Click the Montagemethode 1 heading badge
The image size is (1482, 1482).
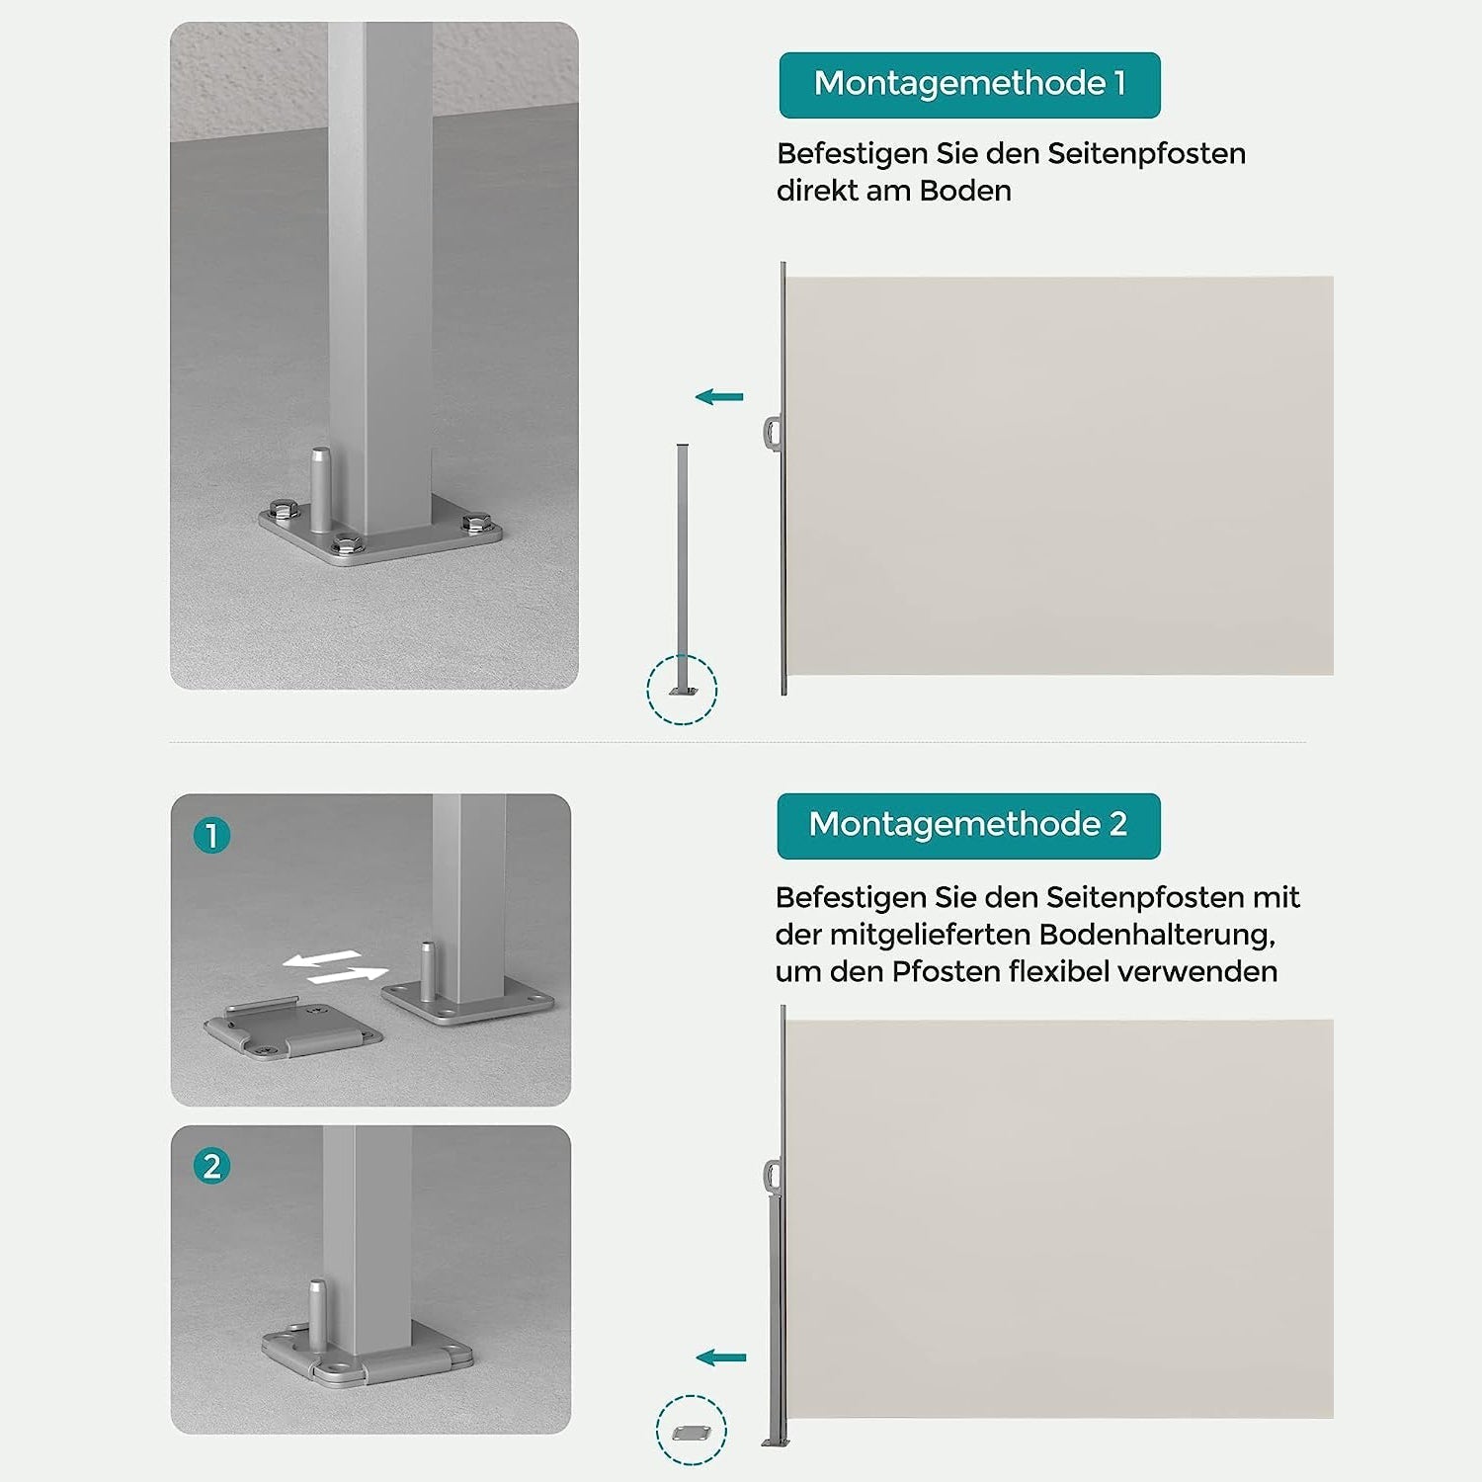click(x=969, y=85)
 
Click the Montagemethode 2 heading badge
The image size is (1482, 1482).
click(x=968, y=826)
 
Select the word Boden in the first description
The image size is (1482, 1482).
click(x=965, y=191)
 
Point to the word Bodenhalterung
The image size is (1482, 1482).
click(x=1156, y=935)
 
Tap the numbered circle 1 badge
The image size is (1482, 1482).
click(x=211, y=836)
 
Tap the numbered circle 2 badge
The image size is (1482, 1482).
click(x=211, y=1166)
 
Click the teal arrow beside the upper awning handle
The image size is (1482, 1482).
click(x=719, y=397)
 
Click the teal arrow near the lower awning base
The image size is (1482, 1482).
click(x=721, y=1358)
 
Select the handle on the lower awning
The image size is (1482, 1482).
click(x=773, y=1176)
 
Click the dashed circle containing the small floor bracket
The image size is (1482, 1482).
click(x=657, y=1431)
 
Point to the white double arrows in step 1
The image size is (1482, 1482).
click(x=334, y=967)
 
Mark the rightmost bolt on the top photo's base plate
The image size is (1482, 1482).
click(x=476, y=522)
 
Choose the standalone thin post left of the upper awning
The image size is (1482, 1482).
click(x=682, y=569)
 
